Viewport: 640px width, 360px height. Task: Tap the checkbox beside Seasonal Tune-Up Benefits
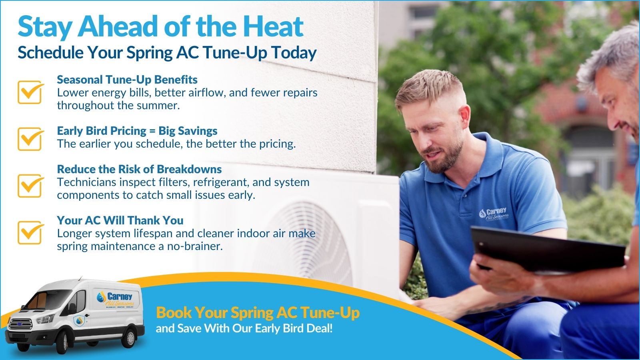pyautogui.click(x=30, y=92)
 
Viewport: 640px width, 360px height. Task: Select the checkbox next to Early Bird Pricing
pyautogui.click(x=30, y=139)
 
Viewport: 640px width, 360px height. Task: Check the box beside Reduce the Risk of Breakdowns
pyautogui.click(x=30, y=186)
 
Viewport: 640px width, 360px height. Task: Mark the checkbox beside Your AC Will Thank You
pyautogui.click(x=30, y=232)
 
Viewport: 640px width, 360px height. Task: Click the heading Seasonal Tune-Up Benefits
pyautogui.click(x=127, y=80)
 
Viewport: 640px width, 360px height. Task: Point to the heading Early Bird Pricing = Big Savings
pyautogui.click(x=137, y=131)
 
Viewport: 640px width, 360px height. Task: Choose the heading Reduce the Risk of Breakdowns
pyautogui.click(x=139, y=169)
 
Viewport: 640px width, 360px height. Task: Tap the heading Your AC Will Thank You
pyautogui.click(x=120, y=220)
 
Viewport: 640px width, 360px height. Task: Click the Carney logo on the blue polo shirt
pyautogui.click(x=494, y=214)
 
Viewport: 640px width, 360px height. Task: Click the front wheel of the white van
pyautogui.click(x=62, y=342)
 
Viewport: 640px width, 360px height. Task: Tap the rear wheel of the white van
pyautogui.click(x=130, y=337)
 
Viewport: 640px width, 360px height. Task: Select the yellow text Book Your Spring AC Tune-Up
pyautogui.click(x=258, y=312)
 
